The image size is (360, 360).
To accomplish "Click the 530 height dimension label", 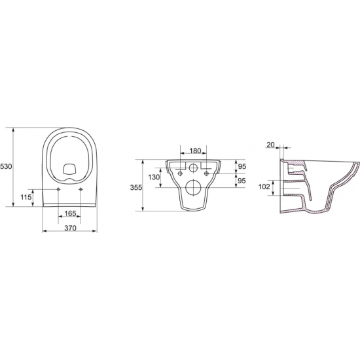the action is (6, 166).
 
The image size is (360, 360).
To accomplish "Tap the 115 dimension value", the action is (26, 197).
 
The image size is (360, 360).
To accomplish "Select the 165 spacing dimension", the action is (70, 213).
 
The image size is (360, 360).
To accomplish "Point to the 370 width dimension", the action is (70, 228).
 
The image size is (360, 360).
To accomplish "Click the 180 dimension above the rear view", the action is (196, 151).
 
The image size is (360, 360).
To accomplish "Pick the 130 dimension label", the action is (154, 177).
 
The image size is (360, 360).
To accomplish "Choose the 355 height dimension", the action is (136, 188).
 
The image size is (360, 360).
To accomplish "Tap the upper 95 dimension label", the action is (242, 166).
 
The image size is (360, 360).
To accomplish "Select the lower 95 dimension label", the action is (242, 181).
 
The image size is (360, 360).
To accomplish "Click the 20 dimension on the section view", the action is (271, 145).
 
